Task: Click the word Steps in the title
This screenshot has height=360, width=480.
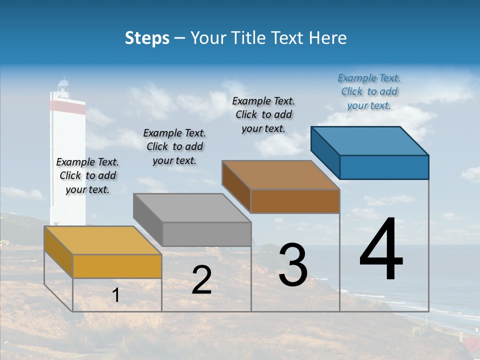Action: pos(147,38)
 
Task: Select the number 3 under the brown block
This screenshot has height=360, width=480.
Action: pos(292,265)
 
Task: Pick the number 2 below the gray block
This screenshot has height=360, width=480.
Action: pos(201,280)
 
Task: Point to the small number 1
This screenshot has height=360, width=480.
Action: pos(115,295)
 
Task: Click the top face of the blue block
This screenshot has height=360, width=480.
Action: pos(369,141)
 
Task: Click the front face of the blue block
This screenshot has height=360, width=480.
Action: pos(384,167)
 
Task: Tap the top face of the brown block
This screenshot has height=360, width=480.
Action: pos(280,175)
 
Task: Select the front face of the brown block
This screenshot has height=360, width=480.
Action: pos(295,201)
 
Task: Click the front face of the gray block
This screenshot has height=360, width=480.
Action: pos(206,234)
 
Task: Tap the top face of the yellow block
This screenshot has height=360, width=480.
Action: pos(102,240)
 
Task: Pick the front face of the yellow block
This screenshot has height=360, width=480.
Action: pos(117,266)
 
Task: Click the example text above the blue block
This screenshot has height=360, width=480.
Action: pos(369,91)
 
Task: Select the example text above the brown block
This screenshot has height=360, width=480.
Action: pos(263,114)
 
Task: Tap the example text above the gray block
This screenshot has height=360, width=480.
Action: pos(174,146)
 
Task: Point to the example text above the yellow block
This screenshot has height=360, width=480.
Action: pos(87,175)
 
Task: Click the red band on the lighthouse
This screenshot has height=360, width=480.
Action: pos(67,105)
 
